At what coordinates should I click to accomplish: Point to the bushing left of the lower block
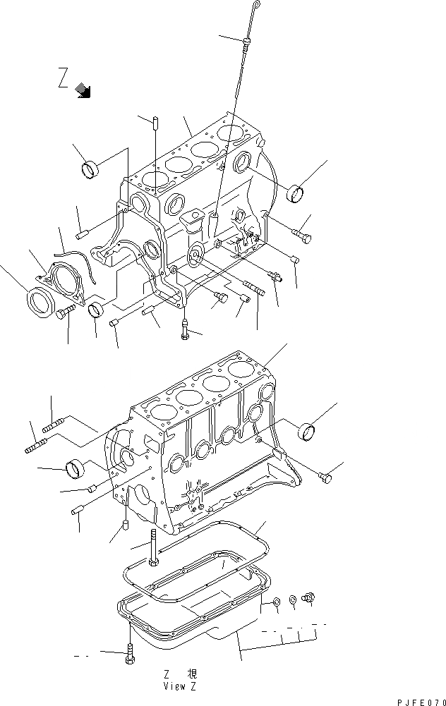coord(75,468)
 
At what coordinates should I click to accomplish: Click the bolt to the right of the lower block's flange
coord(325,478)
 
